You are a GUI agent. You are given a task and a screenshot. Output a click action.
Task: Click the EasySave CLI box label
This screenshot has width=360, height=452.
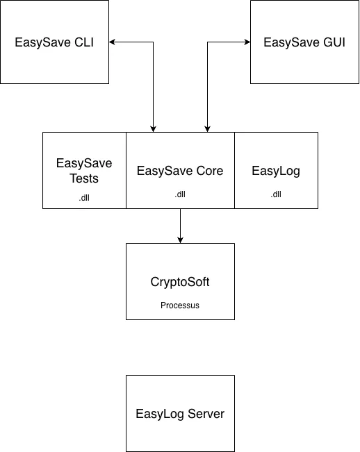[54, 42]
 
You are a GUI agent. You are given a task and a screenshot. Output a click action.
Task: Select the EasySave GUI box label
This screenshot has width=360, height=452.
[304, 42]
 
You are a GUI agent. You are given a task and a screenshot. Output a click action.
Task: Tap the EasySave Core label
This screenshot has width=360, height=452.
[180, 170]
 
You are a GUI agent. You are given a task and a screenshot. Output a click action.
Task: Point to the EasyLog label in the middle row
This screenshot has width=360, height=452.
[276, 170]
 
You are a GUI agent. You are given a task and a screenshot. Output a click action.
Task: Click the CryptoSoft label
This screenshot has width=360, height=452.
[180, 283]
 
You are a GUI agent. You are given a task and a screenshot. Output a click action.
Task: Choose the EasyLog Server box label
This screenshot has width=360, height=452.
[180, 414]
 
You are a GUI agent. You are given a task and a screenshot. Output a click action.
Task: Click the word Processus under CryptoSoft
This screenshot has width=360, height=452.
[180, 305]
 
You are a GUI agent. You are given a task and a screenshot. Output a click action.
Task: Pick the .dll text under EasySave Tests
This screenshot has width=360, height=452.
[84, 197]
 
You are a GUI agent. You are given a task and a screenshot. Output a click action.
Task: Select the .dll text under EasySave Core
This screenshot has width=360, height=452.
[180, 194]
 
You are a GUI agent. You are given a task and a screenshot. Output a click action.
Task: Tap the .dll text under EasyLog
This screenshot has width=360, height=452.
[276, 194]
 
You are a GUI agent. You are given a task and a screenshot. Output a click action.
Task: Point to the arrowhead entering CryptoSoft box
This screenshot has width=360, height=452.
[180, 240]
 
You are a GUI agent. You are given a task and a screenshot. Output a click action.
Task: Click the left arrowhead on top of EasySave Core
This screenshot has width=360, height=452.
[153, 128]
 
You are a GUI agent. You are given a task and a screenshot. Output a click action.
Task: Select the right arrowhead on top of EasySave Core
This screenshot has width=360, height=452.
[206, 128]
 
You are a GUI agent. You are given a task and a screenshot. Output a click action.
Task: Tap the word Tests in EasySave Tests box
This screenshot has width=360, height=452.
[84, 178]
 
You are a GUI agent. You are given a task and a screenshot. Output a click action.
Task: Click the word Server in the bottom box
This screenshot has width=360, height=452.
[206, 414]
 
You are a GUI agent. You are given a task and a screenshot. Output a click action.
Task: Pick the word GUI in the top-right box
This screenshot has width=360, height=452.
[332, 42]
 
